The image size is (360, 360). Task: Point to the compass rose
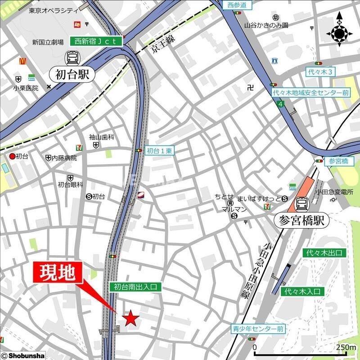pyautogui.click(x=339, y=32)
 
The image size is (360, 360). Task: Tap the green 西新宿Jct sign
pyautogui.click(x=96, y=41)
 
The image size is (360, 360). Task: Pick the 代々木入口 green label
pyautogui.click(x=302, y=292)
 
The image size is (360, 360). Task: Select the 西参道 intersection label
pyautogui.click(x=237, y=5)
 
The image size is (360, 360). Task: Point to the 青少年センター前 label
pyautogui.click(x=258, y=329)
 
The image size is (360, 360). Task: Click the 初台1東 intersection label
pyautogui.click(x=160, y=151)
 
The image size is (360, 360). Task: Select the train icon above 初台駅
pyautogui.click(x=72, y=57)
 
